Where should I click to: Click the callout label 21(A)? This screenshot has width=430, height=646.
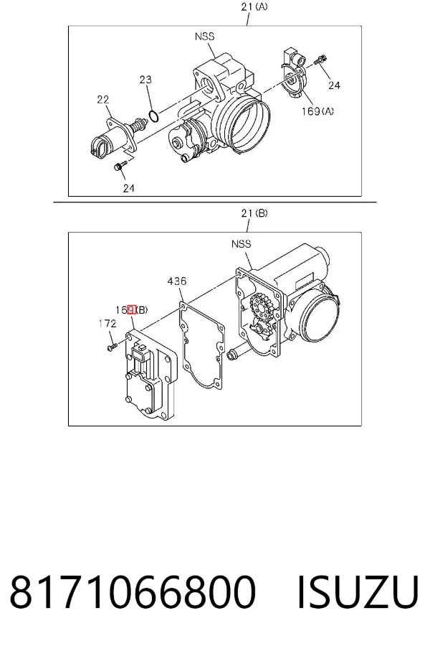(254, 7)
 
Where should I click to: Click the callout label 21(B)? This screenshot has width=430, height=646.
(254, 213)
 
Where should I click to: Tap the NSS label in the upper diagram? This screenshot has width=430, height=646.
(204, 37)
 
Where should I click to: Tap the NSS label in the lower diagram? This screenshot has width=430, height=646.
(241, 244)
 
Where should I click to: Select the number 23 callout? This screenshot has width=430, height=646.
(145, 79)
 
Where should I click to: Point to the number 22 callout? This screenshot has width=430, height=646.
(103, 99)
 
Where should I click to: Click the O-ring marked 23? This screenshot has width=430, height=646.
(153, 116)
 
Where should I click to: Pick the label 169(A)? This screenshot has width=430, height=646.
(317, 111)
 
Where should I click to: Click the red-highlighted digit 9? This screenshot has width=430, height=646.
(132, 309)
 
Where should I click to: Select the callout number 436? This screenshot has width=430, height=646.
(177, 281)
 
